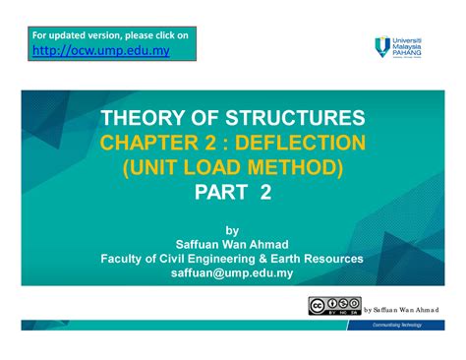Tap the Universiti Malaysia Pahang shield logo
click(382, 45)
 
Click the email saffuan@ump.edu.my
click(232, 274)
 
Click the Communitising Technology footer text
click(409, 336)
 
